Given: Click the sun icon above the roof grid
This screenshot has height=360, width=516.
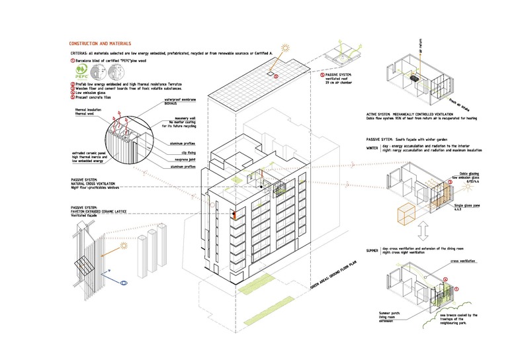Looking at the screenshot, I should pos(286,48).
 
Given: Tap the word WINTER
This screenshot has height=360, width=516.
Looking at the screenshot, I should pos(374,148).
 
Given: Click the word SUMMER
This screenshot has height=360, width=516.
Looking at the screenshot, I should pos(374,251).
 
